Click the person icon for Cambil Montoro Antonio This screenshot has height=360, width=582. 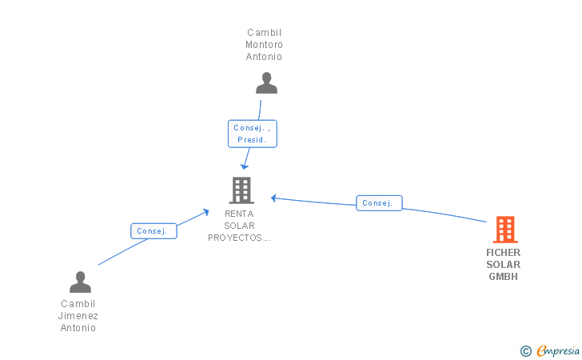pos(266,83)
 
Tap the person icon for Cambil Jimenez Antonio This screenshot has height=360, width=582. pos(80,282)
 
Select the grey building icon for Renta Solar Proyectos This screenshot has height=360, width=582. pos(241,190)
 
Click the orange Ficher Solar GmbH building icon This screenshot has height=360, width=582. pos(505,230)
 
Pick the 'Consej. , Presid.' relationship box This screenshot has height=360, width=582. pos(253,134)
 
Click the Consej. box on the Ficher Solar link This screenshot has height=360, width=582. pos(379,203)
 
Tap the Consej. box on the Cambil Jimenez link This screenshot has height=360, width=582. pos(153,231)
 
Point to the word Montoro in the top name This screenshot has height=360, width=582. pos(264,45)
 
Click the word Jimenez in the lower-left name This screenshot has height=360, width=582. pos(78,316)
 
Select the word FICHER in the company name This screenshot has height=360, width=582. pos(504,253)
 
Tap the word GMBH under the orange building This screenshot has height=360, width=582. pos(504,277)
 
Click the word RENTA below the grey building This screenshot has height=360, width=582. pos(239,214)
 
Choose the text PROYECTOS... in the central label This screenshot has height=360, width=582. pos(239,238)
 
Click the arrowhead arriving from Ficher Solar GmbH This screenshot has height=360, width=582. pos(273,198)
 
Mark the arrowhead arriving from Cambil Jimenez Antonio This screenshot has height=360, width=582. pos(205,212)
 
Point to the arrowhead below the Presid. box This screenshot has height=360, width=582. pos(245,166)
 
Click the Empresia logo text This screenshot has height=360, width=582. pos(558,350)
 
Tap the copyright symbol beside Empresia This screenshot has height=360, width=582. pos(525,351)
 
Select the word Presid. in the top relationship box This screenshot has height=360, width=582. pos(252,140)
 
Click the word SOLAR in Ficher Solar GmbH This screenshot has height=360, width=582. pos(504,265)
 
